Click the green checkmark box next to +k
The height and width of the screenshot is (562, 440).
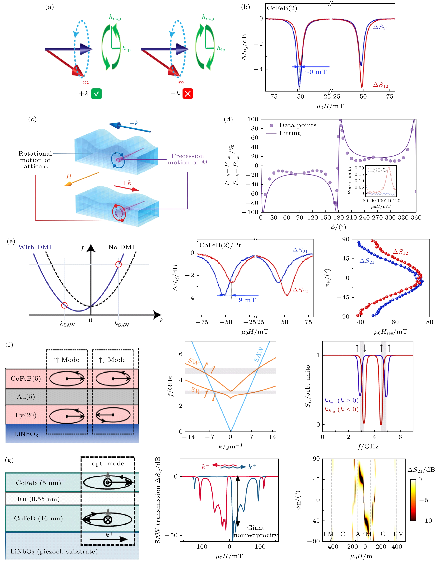(96, 94)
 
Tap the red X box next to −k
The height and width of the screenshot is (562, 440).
(188, 94)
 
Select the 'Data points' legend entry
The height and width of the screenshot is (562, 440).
(297, 125)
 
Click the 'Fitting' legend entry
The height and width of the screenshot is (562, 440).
(290, 133)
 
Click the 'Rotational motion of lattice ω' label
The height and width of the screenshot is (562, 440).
(35, 160)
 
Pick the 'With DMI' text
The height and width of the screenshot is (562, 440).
(35, 247)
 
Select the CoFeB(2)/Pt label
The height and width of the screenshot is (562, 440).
(220, 245)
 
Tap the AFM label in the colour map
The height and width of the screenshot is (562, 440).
(363, 534)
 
